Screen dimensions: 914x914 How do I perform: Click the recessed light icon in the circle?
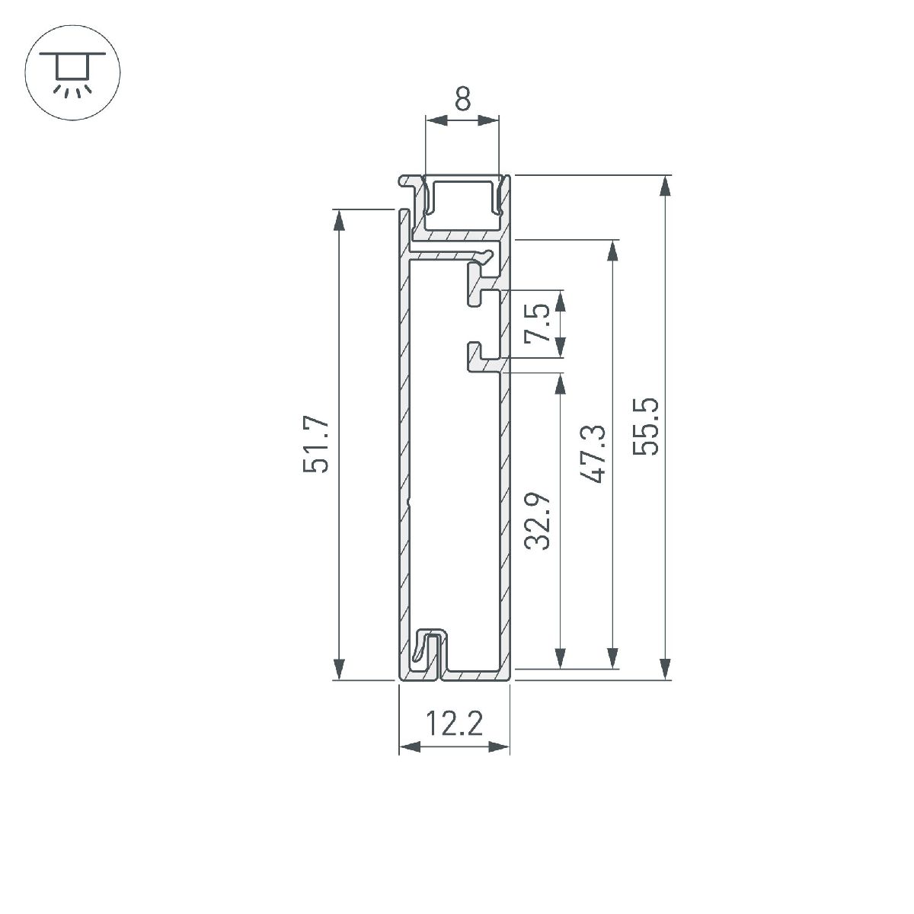click(73, 72)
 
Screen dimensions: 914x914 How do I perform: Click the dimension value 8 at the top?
click(462, 100)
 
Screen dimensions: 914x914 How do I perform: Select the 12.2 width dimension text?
click(454, 724)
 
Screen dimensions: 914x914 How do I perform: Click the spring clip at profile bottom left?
click(423, 645)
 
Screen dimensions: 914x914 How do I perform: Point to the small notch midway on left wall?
click(409, 502)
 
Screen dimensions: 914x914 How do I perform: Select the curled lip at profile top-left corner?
click(409, 183)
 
